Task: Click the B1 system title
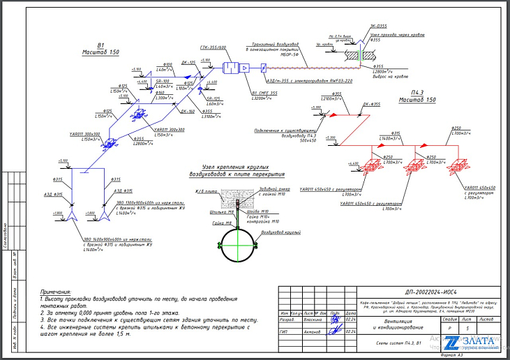click(x=100, y=43)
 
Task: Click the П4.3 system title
click(x=418, y=92)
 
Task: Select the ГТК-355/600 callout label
click(x=212, y=47)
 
